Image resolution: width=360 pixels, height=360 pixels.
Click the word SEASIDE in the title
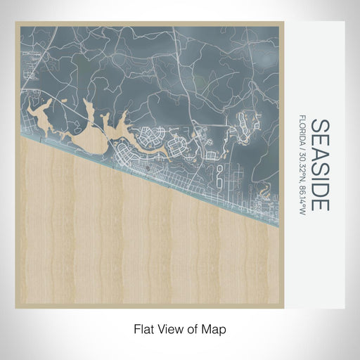click(320, 165)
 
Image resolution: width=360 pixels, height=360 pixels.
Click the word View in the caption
click(172, 328)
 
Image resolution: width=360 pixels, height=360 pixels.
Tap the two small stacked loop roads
click(219, 176)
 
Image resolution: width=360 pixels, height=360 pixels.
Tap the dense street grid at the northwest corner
click(28, 63)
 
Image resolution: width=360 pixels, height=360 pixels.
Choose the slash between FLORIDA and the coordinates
click(303, 148)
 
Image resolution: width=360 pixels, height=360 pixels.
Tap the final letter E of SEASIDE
click(320, 205)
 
